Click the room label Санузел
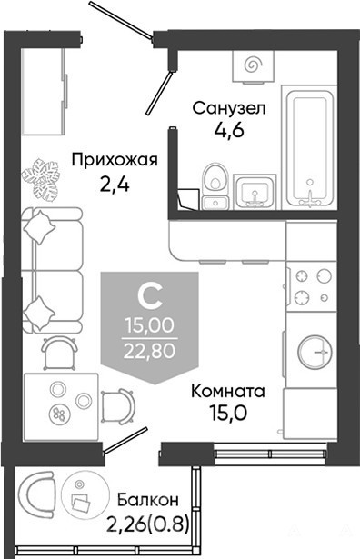[229, 108]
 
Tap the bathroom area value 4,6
[229, 130]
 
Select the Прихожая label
[115, 160]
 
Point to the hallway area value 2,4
[114, 185]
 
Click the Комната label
[228, 391]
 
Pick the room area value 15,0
[228, 414]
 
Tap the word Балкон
[148, 500]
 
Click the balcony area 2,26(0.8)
[147, 524]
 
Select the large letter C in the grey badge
[150, 298]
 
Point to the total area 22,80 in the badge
[150, 351]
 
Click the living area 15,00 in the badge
[150, 325]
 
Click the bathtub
[309, 147]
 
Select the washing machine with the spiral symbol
[254, 66]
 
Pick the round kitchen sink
[314, 352]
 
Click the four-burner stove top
[312, 286]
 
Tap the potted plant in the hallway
[41, 179]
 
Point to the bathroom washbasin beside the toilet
[255, 192]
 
